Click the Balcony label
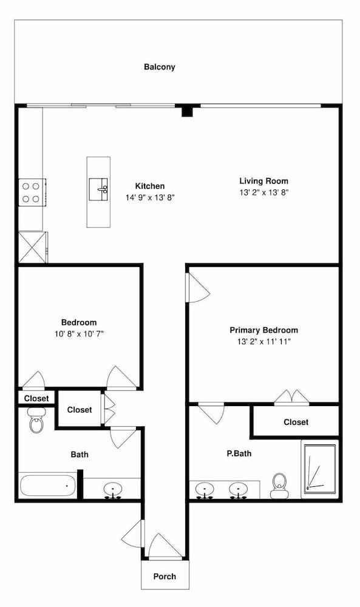coord(160,67)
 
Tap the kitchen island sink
coord(98,189)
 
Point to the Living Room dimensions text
coord(263,192)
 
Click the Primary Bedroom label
coord(263,330)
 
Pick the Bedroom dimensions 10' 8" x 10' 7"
coord(79,334)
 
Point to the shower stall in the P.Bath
coord(320,469)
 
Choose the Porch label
coord(165,577)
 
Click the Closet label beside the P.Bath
coord(296,422)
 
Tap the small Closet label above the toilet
coord(36,398)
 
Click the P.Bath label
coord(239,453)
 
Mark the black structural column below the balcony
coord(188,111)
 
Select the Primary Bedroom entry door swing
coord(198,288)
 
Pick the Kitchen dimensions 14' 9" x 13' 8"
coord(150,197)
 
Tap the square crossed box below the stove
coord(33,247)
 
